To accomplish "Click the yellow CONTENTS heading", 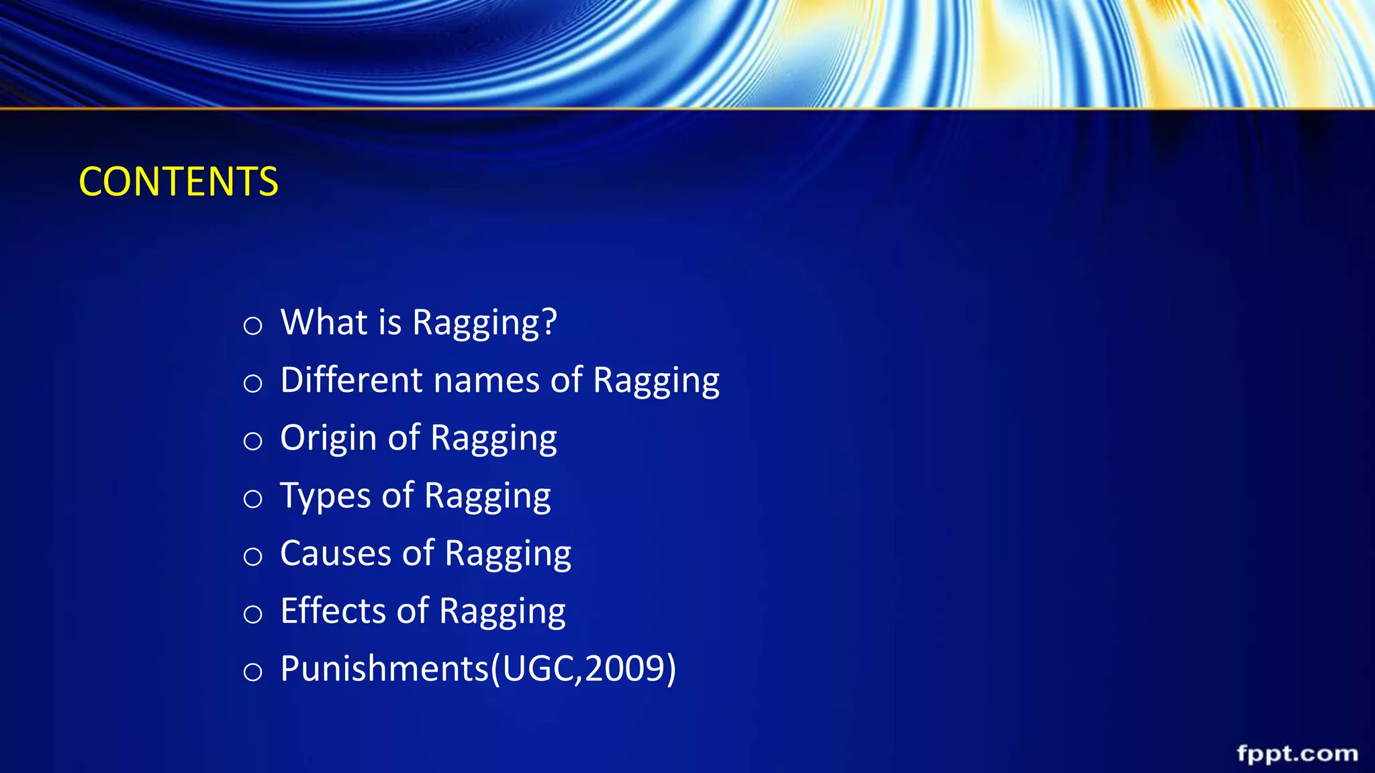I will point(179,182).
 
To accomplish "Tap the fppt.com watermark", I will point(1297,754).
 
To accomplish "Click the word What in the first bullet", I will point(324,322).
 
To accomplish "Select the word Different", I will point(351,380).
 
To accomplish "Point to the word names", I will point(487,380).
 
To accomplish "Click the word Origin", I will point(328,439).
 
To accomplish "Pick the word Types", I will point(325,497).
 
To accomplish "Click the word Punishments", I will point(385,669).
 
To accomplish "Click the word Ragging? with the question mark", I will point(484,323).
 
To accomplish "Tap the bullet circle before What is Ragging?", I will point(252,326).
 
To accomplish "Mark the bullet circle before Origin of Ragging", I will point(252,442).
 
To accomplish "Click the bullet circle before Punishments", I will point(252,672).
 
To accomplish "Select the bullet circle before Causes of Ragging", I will point(252,556).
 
